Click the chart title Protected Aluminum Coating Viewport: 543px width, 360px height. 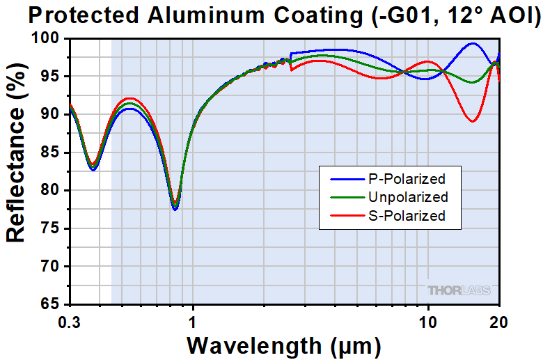point(271,15)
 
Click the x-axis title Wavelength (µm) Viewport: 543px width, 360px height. point(283,345)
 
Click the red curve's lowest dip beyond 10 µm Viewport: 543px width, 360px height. point(473,121)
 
